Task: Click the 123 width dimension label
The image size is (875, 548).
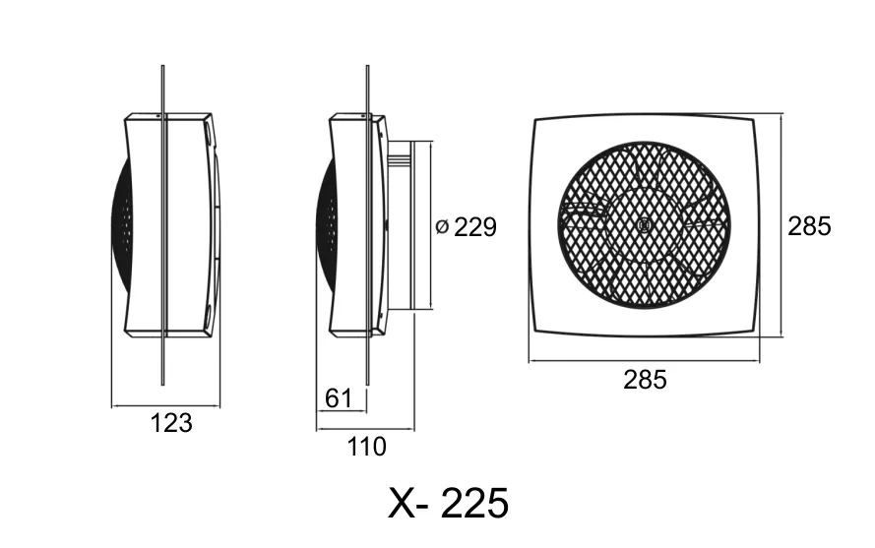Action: click(171, 423)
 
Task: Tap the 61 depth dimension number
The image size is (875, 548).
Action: click(339, 398)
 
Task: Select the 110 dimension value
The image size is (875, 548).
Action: click(366, 447)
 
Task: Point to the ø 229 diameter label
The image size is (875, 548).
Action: click(466, 227)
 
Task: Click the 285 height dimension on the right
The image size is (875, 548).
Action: click(809, 226)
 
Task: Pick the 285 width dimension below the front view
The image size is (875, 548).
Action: click(645, 380)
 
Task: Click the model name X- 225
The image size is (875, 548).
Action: click(448, 503)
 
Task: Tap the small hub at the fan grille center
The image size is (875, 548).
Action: click(643, 225)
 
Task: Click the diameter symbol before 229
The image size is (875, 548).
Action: click(441, 227)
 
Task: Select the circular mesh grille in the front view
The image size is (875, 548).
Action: click(644, 224)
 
